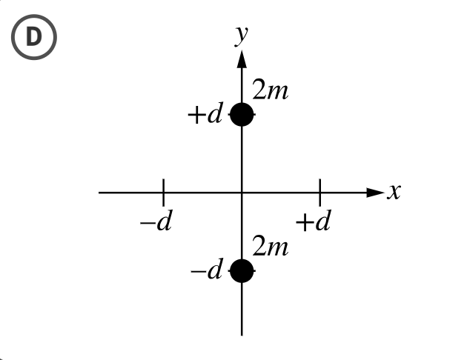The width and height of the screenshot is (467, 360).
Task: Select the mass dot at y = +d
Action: tap(242, 115)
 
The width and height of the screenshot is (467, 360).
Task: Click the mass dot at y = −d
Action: tap(242, 272)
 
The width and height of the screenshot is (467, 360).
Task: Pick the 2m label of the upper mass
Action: tap(271, 92)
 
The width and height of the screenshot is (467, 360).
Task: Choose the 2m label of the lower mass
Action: tap(271, 247)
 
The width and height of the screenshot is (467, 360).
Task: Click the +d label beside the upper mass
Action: tap(205, 116)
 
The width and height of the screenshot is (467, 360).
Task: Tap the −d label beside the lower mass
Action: tap(206, 272)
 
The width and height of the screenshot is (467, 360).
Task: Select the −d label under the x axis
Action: tap(156, 222)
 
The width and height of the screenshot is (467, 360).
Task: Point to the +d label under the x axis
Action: tap(312, 221)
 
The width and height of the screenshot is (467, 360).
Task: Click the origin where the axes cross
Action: tap(242, 193)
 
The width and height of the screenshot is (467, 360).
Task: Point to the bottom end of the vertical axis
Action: tap(242, 333)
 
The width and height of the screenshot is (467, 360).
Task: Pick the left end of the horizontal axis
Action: tap(100, 193)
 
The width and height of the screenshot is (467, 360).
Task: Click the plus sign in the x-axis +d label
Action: tap(302, 222)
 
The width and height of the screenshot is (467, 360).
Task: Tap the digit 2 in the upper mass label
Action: tap(259, 92)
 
